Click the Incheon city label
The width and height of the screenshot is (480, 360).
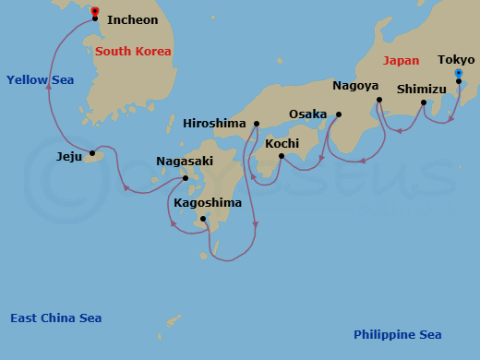[x=132, y=19]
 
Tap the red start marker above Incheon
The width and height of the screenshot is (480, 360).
[x=95, y=11]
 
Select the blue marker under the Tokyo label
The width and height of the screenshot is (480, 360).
[x=459, y=72]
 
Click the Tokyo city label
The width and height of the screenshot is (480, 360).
[x=456, y=59]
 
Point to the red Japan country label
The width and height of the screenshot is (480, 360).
[x=401, y=60]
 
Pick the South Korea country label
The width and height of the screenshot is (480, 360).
[x=133, y=51]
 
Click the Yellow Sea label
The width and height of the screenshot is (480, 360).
[x=40, y=80]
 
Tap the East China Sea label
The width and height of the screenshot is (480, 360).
[x=55, y=318]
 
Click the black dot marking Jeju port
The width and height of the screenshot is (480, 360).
[x=91, y=153]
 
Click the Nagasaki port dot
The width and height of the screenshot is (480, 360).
[x=186, y=178]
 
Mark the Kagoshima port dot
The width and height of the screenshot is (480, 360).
[x=203, y=219]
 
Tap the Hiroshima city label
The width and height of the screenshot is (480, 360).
[x=215, y=123]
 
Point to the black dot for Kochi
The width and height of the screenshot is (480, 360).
[x=281, y=156]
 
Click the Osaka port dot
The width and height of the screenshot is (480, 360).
[x=338, y=114]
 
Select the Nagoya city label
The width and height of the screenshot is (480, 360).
[x=356, y=86]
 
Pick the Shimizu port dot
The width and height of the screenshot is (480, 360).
[x=423, y=102]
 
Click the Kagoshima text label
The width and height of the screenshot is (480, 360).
[x=208, y=203]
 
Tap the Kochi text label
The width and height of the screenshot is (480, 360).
[x=281, y=143]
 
